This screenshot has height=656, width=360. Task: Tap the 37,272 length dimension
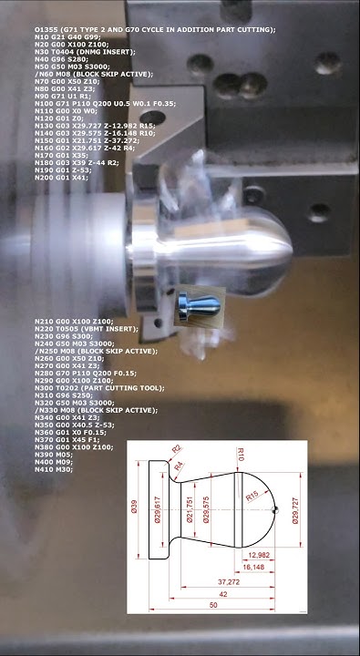[228, 580]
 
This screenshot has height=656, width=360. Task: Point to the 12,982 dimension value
[258, 554]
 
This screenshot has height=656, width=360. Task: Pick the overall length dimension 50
[212, 606]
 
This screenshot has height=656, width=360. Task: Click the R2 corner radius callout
[177, 448]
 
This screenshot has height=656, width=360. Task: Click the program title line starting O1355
[154, 30]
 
